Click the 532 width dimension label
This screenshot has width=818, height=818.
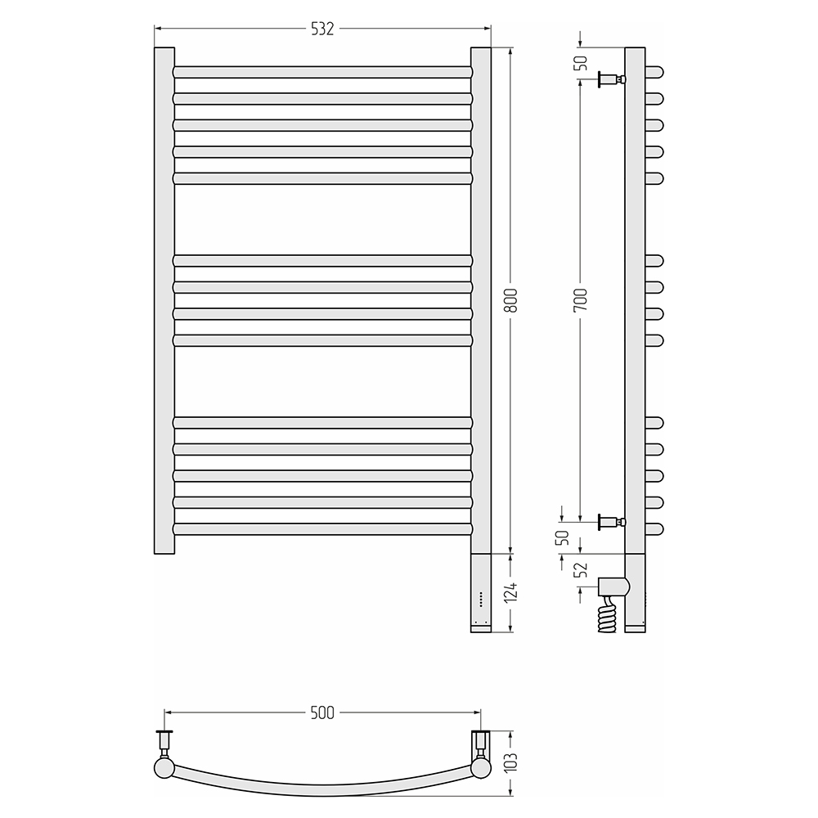pyautogui.click(x=321, y=29)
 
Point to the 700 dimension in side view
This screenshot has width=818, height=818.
pyautogui.click(x=581, y=300)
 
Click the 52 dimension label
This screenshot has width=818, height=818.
pyautogui.click(x=581, y=569)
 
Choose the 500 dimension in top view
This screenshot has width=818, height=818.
pyautogui.click(x=321, y=712)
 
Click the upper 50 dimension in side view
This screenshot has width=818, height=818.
pyautogui.click(x=581, y=63)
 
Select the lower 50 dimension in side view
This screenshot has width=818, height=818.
pyautogui.click(x=564, y=537)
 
